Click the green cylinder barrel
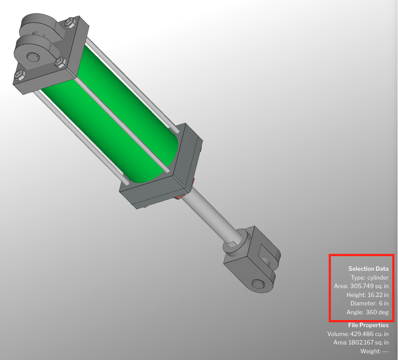(111, 111)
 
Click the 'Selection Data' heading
(368, 269)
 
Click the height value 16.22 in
(378, 295)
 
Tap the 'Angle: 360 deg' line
(367, 313)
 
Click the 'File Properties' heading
(368, 325)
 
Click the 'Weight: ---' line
(374, 352)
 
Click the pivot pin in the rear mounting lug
(32, 58)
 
